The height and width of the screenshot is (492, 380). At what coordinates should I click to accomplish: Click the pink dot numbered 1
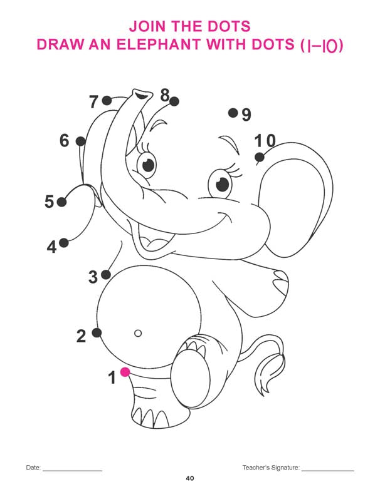click(125, 372)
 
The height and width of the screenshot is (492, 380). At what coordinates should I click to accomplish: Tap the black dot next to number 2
click(97, 332)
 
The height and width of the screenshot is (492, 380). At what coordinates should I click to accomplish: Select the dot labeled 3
click(106, 275)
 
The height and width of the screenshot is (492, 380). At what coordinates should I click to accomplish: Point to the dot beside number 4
click(64, 243)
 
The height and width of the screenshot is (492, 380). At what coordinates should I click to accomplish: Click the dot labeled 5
click(61, 202)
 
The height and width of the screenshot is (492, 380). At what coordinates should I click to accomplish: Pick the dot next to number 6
click(80, 141)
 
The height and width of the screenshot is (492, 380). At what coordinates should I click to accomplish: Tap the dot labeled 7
click(107, 101)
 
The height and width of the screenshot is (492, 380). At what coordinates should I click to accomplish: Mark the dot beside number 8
click(174, 101)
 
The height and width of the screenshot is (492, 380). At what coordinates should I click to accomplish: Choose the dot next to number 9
click(233, 113)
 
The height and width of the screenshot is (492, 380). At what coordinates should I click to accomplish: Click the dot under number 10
click(260, 157)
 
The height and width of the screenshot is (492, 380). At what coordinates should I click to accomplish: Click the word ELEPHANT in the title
click(159, 44)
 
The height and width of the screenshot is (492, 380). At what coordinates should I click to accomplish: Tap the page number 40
click(190, 478)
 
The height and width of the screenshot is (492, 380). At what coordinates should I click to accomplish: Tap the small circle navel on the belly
click(138, 333)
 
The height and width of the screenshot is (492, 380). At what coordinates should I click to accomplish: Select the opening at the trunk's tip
click(142, 93)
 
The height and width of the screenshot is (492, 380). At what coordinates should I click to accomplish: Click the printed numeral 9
click(246, 115)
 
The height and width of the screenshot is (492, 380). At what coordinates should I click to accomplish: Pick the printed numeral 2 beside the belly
click(81, 336)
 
